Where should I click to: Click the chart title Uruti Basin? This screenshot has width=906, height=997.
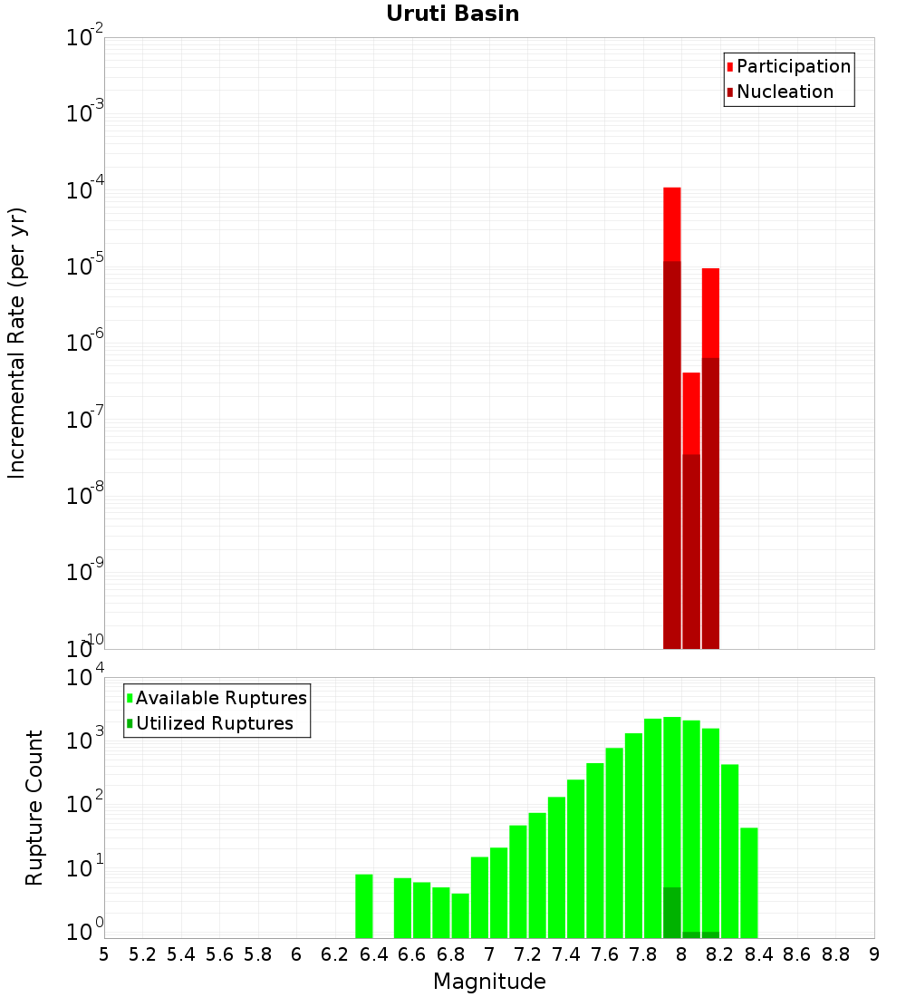(452, 15)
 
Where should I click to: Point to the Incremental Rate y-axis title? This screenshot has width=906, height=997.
(17, 344)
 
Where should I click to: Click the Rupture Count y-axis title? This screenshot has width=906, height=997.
(34, 808)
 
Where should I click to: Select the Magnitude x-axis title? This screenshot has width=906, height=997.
(489, 982)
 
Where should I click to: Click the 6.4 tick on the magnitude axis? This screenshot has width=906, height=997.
(373, 954)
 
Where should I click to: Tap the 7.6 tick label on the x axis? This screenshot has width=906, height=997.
(604, 954)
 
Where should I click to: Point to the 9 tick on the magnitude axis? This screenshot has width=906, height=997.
(874, 954)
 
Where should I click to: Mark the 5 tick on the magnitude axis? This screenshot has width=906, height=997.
(104, 954)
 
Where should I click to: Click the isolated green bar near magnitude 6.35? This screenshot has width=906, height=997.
(364, 906)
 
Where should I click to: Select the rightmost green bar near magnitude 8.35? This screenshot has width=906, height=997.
(749, 883)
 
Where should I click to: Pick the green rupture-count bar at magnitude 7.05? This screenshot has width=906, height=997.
(499, 893)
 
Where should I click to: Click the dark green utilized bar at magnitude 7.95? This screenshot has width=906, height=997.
(672, 913)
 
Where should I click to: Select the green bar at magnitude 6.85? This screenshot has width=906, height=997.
(460, 915)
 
